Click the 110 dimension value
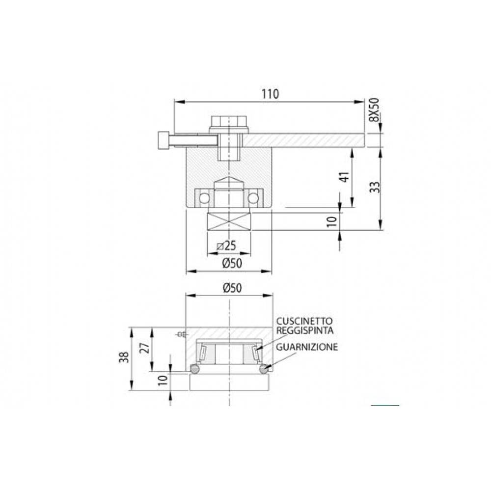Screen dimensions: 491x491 [270, 94]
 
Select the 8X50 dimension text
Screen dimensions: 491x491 [374, 111]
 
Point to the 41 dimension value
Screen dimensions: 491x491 [344, 177]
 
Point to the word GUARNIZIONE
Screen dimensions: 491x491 [307, 347]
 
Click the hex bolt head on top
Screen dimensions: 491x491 [228, 122]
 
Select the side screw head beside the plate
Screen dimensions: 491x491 [163, 140]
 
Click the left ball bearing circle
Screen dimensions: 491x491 [203, 197]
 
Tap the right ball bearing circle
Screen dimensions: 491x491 [253, 197]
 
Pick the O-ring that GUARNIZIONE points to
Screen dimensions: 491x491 [264, 369]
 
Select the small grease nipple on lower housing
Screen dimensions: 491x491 [180, 335]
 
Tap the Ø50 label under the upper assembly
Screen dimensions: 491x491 [232, 263]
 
